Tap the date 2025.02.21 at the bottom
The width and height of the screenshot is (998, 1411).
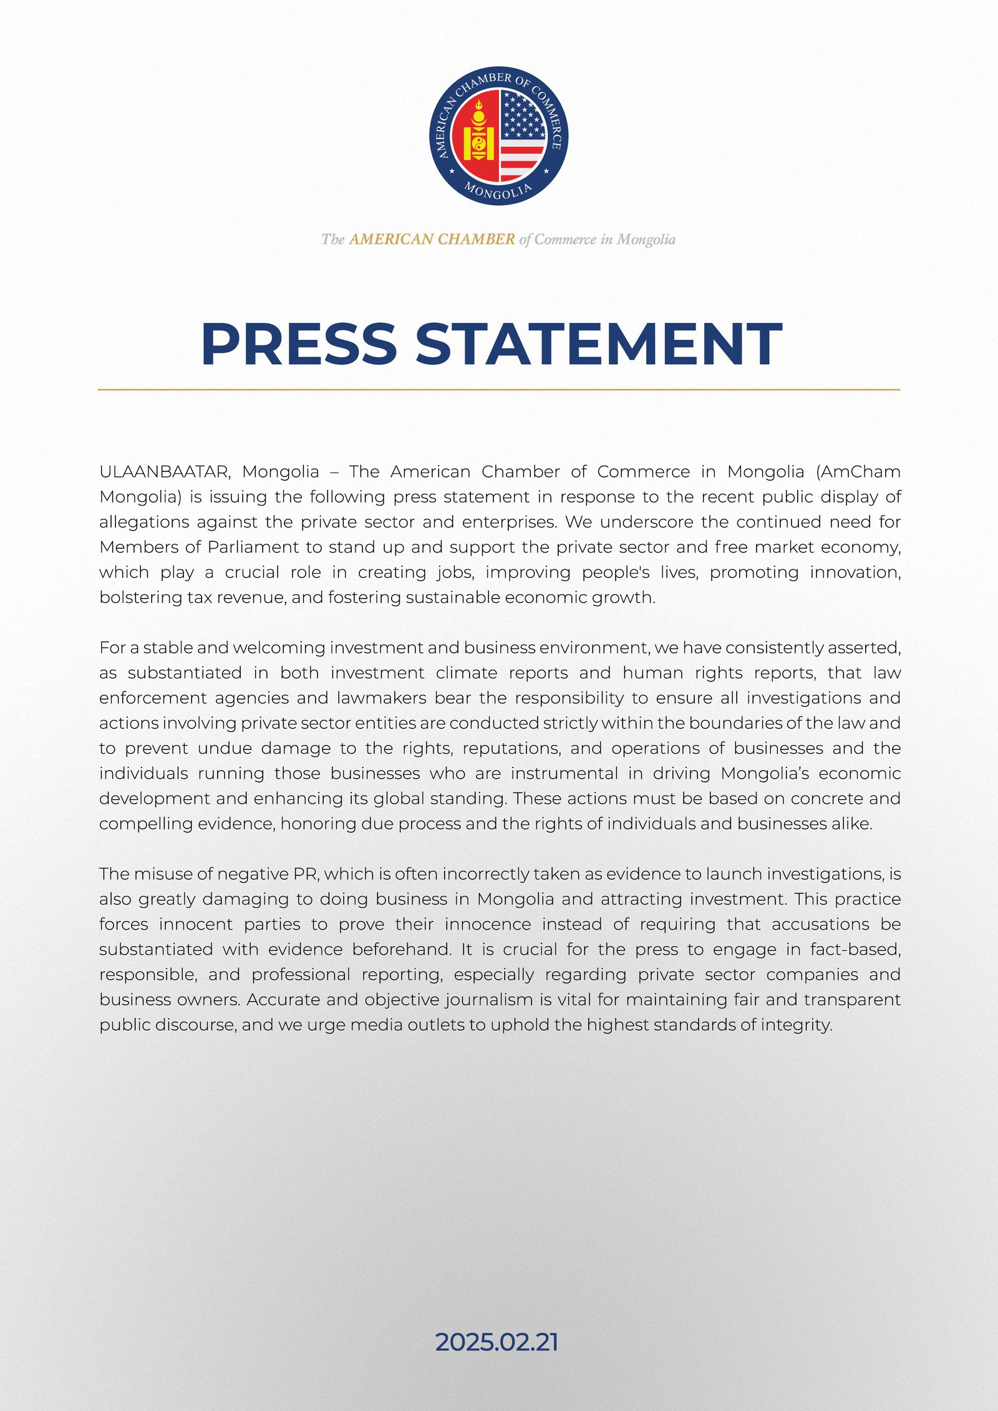(x=497, y=1342)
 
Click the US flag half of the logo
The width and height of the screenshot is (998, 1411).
(x=523, y=134)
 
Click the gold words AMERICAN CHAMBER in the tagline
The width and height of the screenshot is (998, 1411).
(x=432, y=239)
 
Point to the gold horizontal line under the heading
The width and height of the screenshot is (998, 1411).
(x=499, y=390)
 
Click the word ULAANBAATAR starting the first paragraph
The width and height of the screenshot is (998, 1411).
(x=165, y=472)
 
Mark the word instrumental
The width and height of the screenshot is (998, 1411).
(x=564, y=773)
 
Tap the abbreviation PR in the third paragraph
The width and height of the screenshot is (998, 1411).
(x=306, y=874)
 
